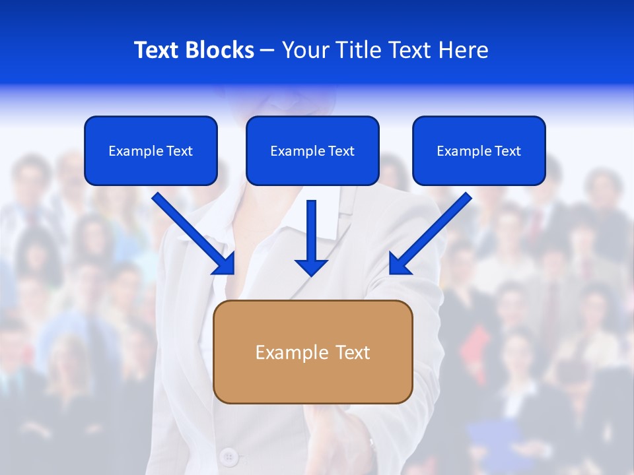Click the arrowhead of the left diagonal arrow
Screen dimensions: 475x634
click(x=225, y=264)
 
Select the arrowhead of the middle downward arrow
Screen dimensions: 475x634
click(x=312, y=267)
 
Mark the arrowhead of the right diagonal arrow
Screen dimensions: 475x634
click(x=399, y=264)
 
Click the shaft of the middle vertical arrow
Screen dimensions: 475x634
click(x=312, y=228)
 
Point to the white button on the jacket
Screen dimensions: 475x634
click(x=229, y=456)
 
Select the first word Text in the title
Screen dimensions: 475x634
click(x=157, y=50)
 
